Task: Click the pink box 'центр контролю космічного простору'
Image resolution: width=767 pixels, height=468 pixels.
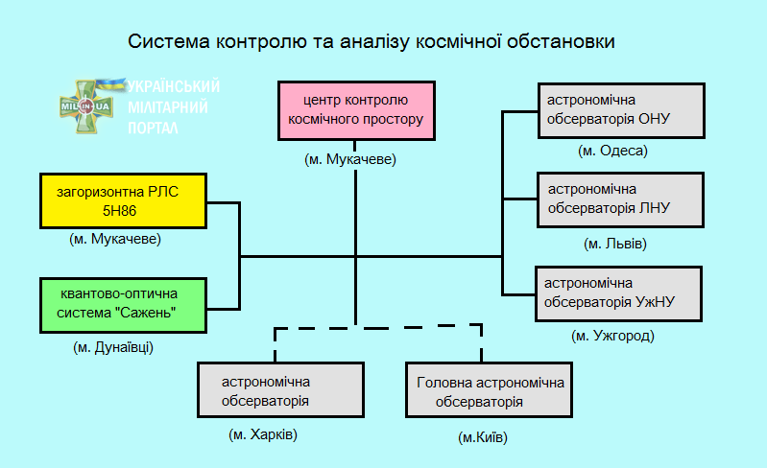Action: tap(355, 110)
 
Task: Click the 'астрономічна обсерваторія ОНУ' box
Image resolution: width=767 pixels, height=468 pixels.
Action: tap(621, 110)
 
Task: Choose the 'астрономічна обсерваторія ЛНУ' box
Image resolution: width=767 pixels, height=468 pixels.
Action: tap(621, 199)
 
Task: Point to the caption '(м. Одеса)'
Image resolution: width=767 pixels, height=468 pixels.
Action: tap(613, 151)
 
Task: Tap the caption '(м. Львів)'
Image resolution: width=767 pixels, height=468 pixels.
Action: tap(615, 244)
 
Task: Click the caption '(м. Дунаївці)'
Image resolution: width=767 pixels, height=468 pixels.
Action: tap(113, 347)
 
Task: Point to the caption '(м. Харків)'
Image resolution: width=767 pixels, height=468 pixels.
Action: tap(264, 434)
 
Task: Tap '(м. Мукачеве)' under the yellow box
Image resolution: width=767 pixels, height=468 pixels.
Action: tap(115, 239)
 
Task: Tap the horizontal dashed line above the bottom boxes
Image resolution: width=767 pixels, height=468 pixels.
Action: tap(377, 328)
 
